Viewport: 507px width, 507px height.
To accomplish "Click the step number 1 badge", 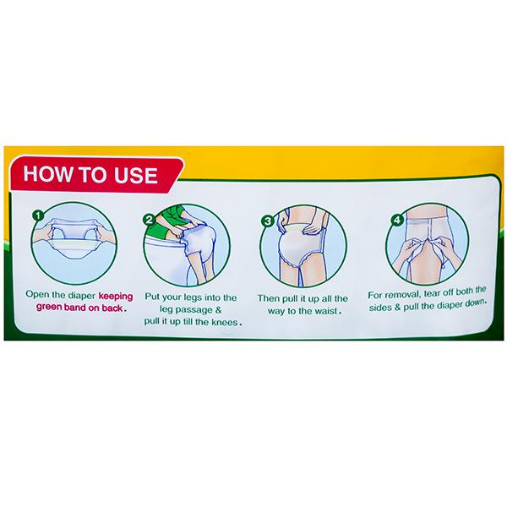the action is tap(38, 215).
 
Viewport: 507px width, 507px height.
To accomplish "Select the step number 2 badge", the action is tap(149, 220).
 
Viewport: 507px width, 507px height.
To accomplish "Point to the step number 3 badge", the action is tap(268, 221).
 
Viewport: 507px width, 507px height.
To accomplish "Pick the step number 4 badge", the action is tap(397, 221).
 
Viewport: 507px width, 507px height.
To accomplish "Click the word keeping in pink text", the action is tap(116, 297).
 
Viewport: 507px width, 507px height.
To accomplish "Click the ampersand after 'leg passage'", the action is tap(218, 310).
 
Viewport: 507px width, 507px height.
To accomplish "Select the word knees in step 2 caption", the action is tap(225, 322).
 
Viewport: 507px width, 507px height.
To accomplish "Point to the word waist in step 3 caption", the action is tap(324, 311).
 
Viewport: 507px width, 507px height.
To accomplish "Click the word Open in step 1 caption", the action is tap(34, 295).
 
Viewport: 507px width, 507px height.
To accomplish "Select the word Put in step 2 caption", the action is tap(152, 297).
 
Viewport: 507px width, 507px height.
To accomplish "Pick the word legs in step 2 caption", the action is tap(191, 297).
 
